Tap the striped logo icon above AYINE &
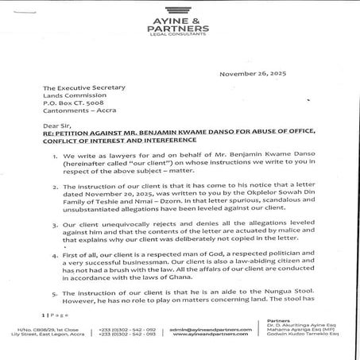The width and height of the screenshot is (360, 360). click(179, 10)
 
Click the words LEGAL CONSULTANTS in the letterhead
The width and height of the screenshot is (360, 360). click(179, 37)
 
